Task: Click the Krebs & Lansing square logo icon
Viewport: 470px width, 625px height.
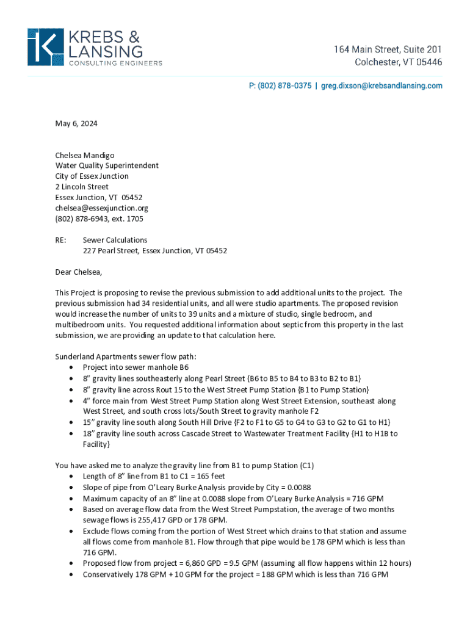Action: click(45, 47)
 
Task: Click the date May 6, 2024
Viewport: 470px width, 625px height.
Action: click(76, 124)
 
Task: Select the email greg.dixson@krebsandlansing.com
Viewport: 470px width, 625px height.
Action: click(383, 86)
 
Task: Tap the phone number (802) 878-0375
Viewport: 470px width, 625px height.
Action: click(280, 86)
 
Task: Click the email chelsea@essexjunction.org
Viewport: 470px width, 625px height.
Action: click(102, 208)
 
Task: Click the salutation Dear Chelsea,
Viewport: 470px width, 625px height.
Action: click(79, 272)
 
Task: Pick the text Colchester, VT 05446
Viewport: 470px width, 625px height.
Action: click(399, 62)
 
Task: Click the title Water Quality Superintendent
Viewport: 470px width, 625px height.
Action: click(107, 165)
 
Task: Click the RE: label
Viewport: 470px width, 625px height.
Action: click(62, 240)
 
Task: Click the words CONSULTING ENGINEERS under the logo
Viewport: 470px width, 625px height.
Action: click(115, 63)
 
